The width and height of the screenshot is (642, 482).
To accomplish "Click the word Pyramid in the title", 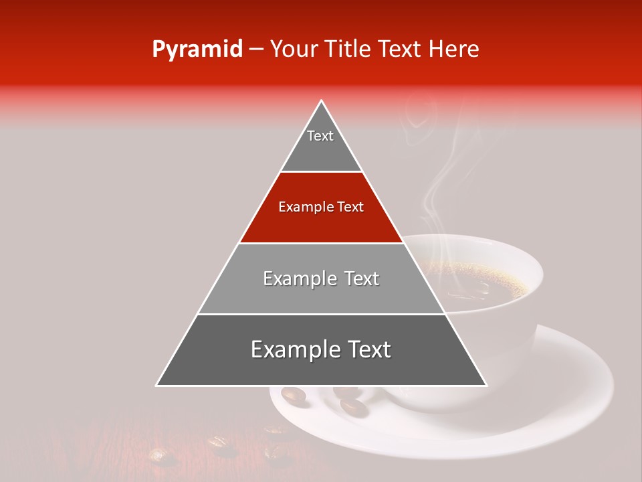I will point(197,50).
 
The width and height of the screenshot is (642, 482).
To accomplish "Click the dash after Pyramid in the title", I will point(256,50).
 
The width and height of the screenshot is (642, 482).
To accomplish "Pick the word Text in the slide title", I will point(402,50).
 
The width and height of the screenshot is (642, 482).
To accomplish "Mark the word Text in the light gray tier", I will point(358,279).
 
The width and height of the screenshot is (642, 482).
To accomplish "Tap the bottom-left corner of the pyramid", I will point(157,385).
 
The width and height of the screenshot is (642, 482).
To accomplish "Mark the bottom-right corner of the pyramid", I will point(486,385).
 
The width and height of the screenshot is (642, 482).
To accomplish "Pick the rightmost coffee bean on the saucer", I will point(350,405).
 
